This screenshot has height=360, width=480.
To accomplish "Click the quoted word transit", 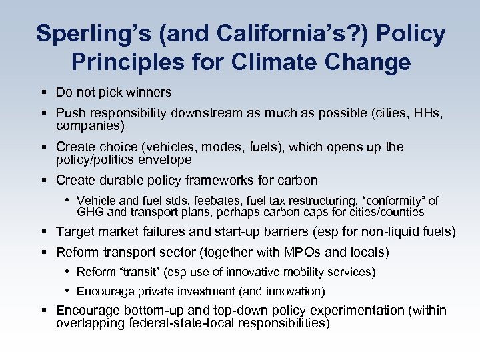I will click(x=140, y=272).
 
